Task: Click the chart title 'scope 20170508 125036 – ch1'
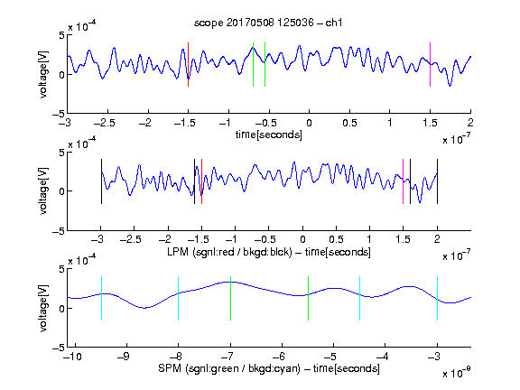[x=268, y=23]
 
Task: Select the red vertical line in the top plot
[x=188, y=65]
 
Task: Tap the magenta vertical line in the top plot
[x=430, y=65]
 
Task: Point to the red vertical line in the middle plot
[x=201, y=181]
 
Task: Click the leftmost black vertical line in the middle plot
[x=101, y=181]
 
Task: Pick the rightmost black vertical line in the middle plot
[x=437, y=181]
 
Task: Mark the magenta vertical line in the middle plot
[x=403, y=181]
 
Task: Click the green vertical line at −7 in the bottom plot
[x=230, y=299]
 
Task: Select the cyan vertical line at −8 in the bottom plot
[x=179, y=299]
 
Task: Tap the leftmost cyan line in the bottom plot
[x=101, y=299]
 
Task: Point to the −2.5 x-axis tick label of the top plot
[x=105, y=123]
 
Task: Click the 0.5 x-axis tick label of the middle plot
[x=336, y=239]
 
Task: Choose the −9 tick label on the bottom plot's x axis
[x=124, y=357]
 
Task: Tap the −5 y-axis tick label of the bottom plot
[x=59, y=348]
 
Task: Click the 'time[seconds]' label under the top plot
[x=269, y=135]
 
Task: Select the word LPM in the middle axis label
[x=178, y=252]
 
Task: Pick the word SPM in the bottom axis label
[x=170, y=368]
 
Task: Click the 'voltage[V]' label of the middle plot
[x=43, y=191]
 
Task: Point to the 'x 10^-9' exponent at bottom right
[x=457, y=373]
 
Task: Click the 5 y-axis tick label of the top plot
[x=61, y=35]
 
